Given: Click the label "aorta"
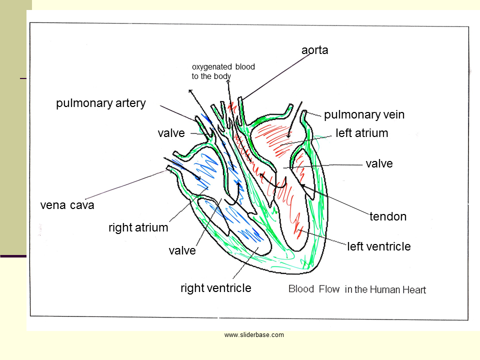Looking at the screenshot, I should point(314,50).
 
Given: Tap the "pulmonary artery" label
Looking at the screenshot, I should point(101,103).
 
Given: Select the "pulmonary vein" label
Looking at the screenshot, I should point(364,115).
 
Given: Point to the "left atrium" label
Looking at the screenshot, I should point(361,133).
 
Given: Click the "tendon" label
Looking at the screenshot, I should point(388,216).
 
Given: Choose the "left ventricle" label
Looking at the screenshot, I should point(378,246).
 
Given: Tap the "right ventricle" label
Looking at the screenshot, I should point(215,288).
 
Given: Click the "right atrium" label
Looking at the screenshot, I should point(138,228).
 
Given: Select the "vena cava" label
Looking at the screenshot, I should point(67,205).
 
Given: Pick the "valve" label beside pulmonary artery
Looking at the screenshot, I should point(171,133).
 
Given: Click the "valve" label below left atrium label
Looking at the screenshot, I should point(379,163).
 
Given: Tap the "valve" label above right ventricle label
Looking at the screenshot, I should point(182,250).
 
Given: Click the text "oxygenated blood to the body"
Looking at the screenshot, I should point(223,71).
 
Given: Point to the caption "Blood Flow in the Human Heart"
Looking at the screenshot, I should point(357,289).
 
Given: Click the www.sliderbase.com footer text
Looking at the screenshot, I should point(254,335).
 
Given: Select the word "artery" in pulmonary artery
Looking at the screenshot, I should point(129,103).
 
